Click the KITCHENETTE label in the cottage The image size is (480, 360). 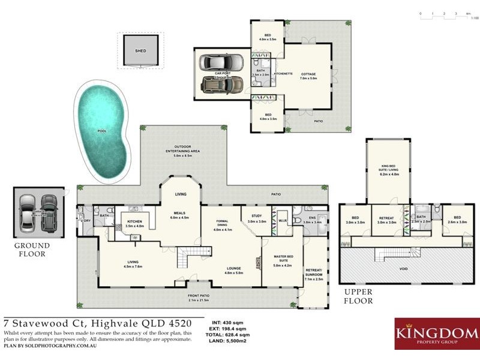283,74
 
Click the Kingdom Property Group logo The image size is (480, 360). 435,334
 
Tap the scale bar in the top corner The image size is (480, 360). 444,13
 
